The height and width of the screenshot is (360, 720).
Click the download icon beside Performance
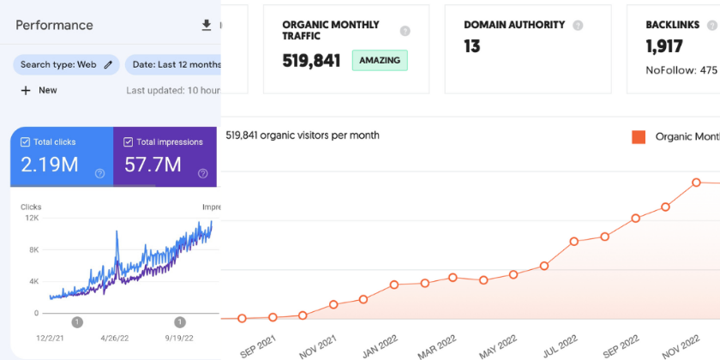206,25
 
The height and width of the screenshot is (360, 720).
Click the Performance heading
54,25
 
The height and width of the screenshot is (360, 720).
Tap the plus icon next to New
26,90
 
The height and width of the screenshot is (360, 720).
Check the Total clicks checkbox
25,142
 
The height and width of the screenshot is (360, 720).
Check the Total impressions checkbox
129,142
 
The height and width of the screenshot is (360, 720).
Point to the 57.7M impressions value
153,165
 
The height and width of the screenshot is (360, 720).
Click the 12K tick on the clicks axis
31,219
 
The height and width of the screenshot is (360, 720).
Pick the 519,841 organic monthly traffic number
311,61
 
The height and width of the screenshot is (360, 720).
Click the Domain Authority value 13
471,46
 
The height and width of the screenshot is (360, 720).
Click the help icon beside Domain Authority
578,26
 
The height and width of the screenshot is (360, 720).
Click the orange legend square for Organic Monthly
638,136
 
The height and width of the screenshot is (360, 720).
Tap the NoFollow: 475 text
681,70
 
